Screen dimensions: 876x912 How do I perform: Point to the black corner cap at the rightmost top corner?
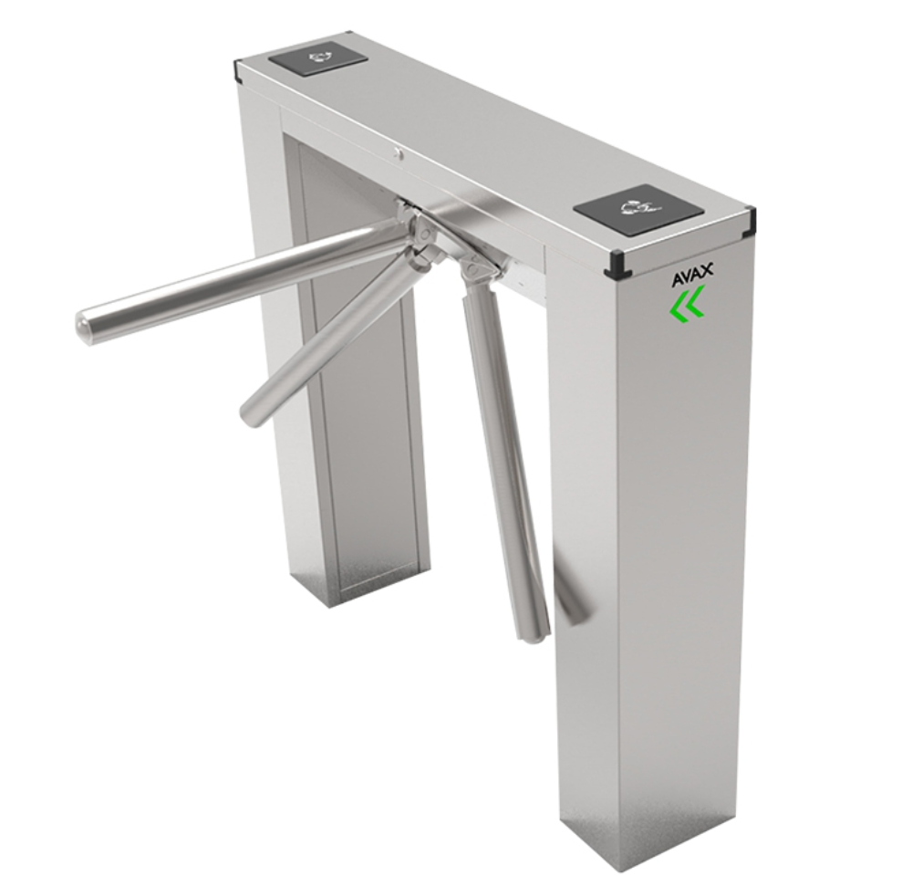click(x=750, y=218)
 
